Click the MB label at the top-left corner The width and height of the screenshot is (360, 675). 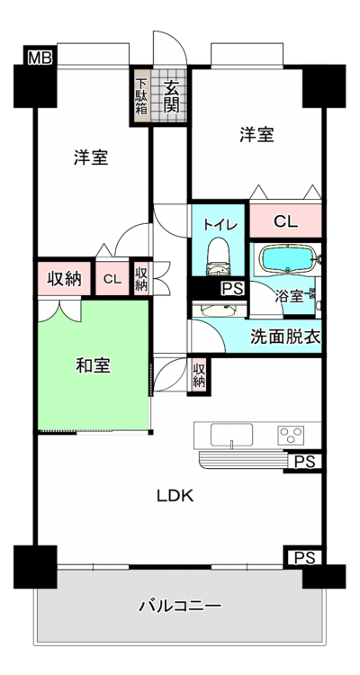tap(40, 58)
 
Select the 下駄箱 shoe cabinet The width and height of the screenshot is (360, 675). tap(140, 95)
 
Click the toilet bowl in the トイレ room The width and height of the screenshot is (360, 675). tap(218, 256)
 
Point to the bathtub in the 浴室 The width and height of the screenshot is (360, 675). tap(288, 258)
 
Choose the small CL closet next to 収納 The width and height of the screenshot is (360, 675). tap(112, 278)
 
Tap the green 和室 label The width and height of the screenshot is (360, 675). tap(93, 366)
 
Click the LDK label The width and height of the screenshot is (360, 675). tap(175, 496)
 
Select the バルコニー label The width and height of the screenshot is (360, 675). tap(180, 607)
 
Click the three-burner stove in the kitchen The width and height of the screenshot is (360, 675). tap(291, 434)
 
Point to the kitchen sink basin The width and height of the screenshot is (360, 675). tap(231, 435)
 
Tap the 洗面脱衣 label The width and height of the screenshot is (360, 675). tap(285, 337)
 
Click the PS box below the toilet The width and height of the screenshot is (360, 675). tap(233, 288)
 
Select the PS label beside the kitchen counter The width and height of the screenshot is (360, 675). tap(305, 462)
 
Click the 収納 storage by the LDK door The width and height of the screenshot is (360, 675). tap(199, 375)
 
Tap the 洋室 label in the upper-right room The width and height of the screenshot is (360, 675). tap(256, 135)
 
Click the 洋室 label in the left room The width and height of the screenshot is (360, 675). tap(90, 157)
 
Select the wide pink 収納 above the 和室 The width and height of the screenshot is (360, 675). tap(64, 278)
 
